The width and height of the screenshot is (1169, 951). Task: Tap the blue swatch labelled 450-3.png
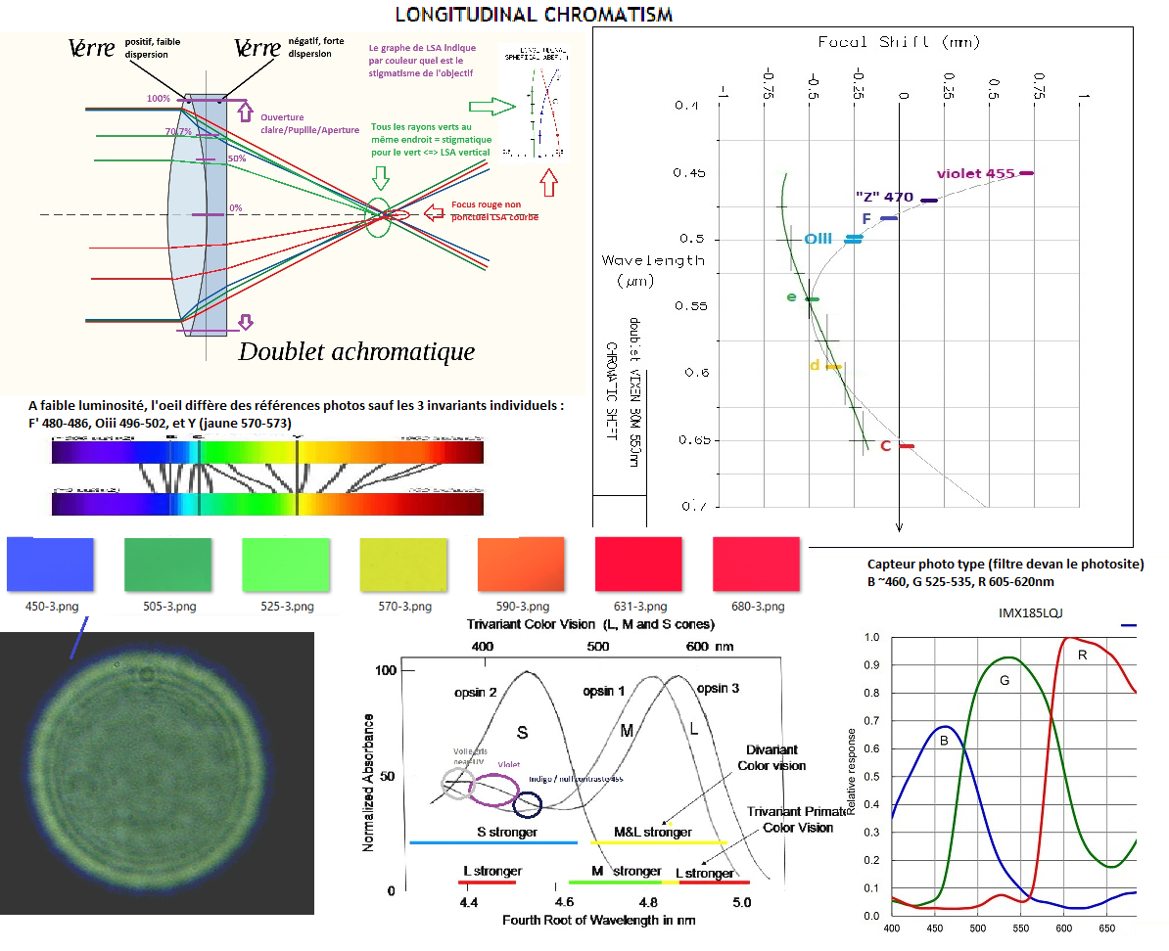tap(50, 566)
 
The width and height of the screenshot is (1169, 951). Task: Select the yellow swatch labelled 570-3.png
tap(403, 566)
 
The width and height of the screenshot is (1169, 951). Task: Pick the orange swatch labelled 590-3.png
tap(521, 566)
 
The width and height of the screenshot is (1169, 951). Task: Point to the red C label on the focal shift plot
tap(885, 446)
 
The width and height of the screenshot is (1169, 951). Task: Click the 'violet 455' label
tap(975, 174)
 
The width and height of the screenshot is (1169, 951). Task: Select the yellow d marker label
tap(815, 366)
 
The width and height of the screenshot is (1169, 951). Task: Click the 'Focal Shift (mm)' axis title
tap(899, 42)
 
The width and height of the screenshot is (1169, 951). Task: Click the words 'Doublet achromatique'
tap(356, 352)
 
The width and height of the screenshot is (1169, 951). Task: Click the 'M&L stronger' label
tap(653, 833)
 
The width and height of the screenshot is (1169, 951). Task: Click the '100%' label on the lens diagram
tap(158, 99)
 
